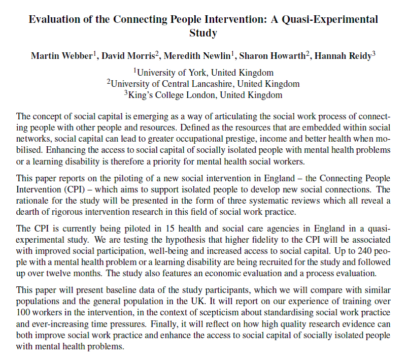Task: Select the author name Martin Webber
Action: tap(61, 55)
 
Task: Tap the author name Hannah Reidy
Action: tap(343, 55)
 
